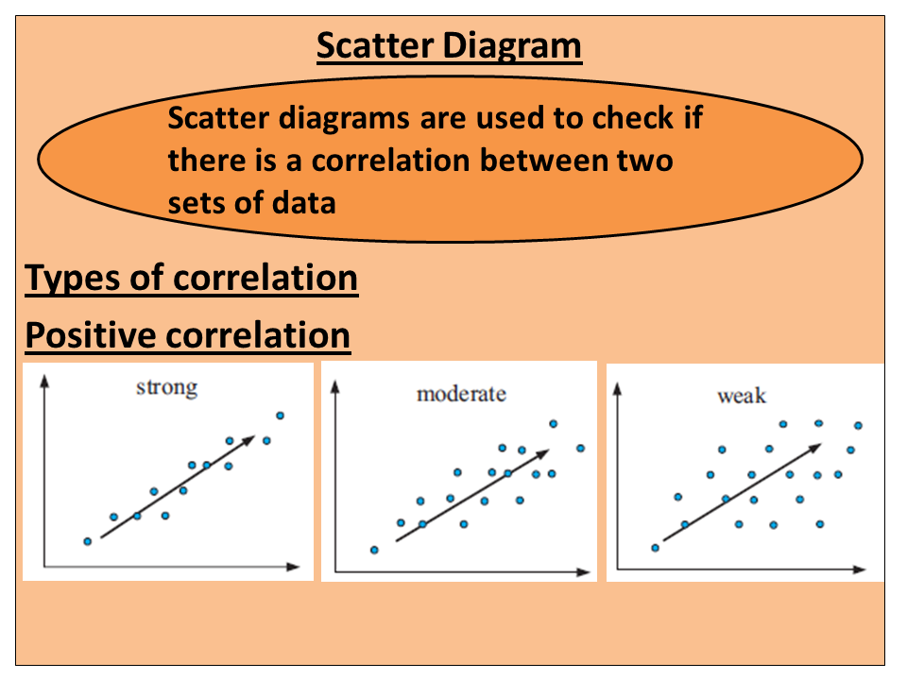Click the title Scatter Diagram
point(449,45)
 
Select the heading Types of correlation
point(192,279)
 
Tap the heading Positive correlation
point(187,335)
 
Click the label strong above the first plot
point(167,387)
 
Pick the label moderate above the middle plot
point(461,393)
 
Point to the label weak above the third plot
point(742,396)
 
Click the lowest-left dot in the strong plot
point(88,541)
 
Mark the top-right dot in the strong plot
point(280,416)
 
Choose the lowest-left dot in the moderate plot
point(374,550)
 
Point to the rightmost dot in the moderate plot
point(580,448)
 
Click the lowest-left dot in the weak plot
point(655,548)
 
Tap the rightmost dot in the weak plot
point(858,426)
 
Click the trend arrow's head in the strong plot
point(250,436)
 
